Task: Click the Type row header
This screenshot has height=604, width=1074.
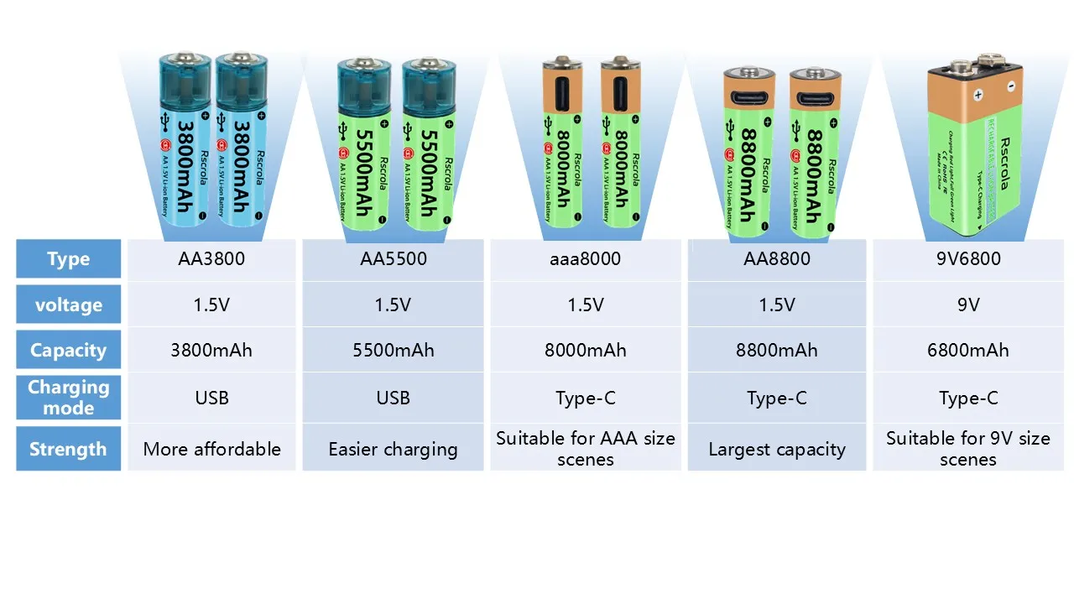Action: [x=68, y=259]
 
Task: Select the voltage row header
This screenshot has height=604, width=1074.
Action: [x=68, y=305]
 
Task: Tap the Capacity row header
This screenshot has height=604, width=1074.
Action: [x=68, y=350]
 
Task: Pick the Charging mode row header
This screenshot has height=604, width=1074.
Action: [x=68, y=398]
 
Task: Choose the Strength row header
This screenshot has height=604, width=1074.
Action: [x=68, y=449]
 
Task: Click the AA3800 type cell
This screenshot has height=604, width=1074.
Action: [x=211, y=259]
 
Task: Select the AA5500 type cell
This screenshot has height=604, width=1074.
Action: [x=394, y=259]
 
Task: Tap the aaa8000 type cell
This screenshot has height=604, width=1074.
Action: [x=585, y=259]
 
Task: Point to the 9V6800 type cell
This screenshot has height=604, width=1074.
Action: [x=968, y=259]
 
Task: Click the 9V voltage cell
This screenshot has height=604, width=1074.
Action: [x=968, y=305]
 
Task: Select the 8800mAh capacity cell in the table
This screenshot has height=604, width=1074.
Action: [x=776, y=350]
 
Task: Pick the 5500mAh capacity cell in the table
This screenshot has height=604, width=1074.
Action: [x=394, y=350]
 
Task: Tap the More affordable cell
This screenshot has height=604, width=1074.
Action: [x=211, y=449]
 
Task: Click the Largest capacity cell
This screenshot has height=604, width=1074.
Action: [x=776, y=449]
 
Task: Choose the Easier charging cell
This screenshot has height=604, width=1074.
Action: [x=394, y=449]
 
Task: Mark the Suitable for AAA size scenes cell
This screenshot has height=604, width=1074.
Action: [x=585, y=449]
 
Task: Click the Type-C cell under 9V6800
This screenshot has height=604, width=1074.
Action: [x=968, y=398]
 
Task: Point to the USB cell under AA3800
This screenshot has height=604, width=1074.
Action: [x=211, y=398]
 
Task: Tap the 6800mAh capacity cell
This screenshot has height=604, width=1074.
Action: [x=968, y=350]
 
